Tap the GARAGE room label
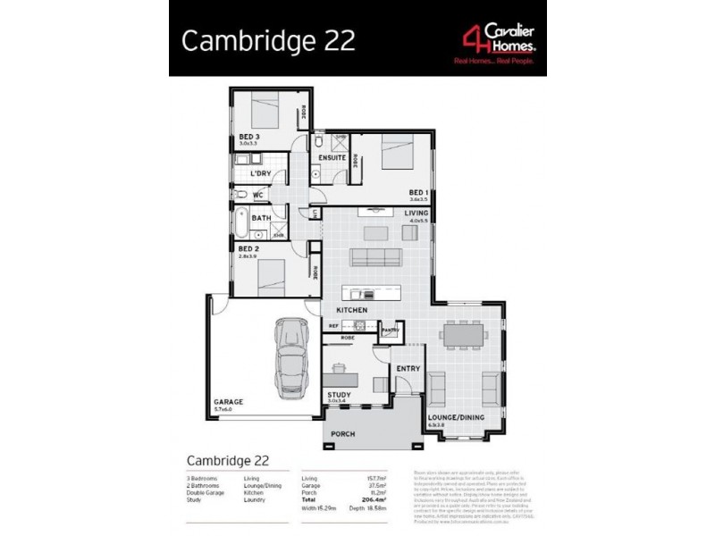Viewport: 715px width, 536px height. point(227,403)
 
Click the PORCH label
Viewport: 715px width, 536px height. point(342,434)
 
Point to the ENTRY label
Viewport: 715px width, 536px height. point(408,367)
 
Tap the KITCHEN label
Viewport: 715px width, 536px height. point(352,310)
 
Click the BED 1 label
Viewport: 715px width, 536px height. point(418,192)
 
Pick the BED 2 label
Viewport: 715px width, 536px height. point(248,249)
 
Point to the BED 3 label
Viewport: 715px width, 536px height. point(248,137)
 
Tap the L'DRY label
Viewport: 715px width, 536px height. point(260,173)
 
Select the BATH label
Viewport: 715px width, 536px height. point(261,218)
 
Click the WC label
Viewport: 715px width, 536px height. point(257,195)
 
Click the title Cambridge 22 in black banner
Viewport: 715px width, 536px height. point(268,41)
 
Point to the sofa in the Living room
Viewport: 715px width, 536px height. point(376,259)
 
